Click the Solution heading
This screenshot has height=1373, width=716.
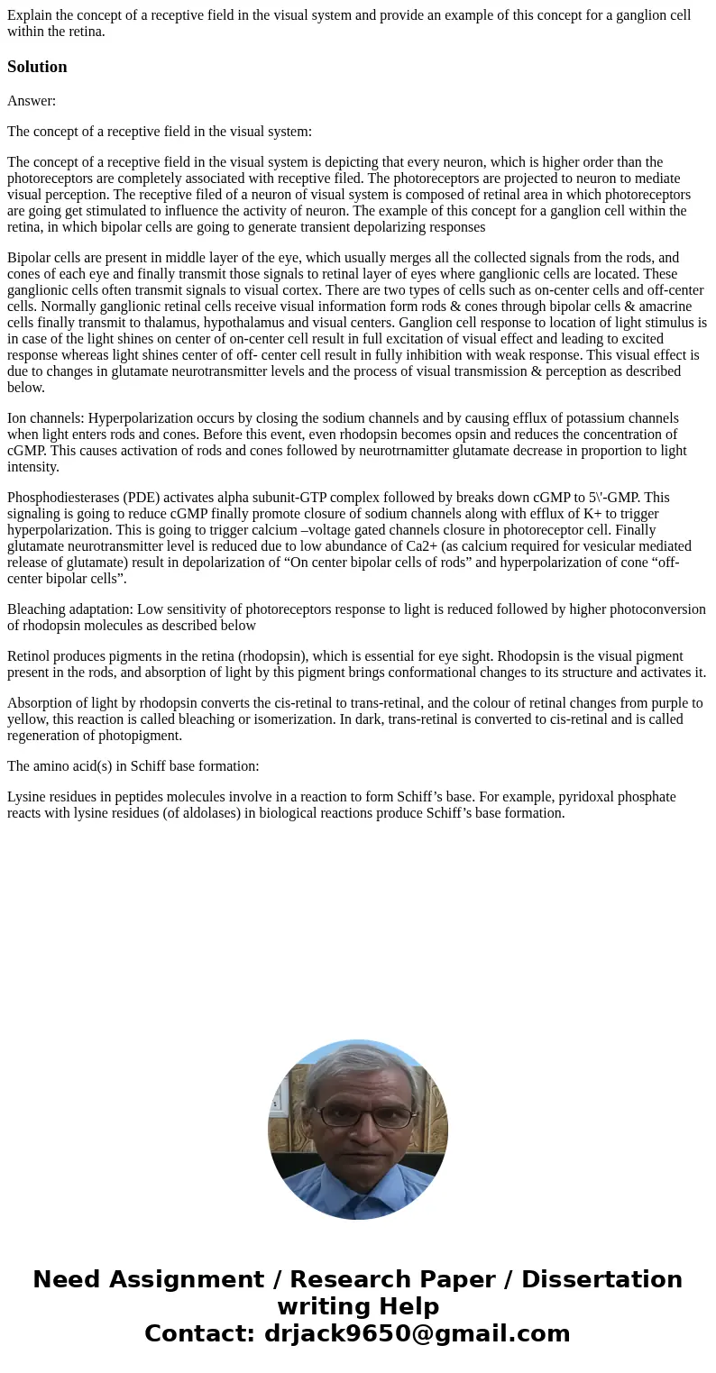tap(37, 67)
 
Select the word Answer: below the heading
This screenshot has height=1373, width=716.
tap(32, 101)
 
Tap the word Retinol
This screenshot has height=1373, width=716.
tap(30, 656)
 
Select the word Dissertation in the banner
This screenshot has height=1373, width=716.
tap(601, 1280)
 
